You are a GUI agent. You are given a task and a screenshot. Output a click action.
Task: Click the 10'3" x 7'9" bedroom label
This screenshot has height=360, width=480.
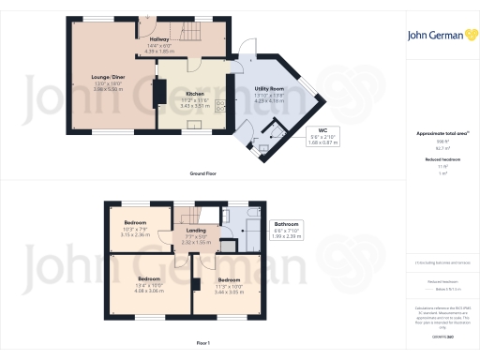click(138, 227)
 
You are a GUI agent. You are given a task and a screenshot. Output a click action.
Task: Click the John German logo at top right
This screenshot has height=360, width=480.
click(439, 35)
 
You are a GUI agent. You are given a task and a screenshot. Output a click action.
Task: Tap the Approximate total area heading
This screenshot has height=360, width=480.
click(440, 133)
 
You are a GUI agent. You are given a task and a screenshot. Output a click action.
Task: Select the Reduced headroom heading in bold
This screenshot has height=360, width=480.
click(439, 159)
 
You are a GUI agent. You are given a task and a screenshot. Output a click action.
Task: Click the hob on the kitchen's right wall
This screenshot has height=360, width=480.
click(221, 105)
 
